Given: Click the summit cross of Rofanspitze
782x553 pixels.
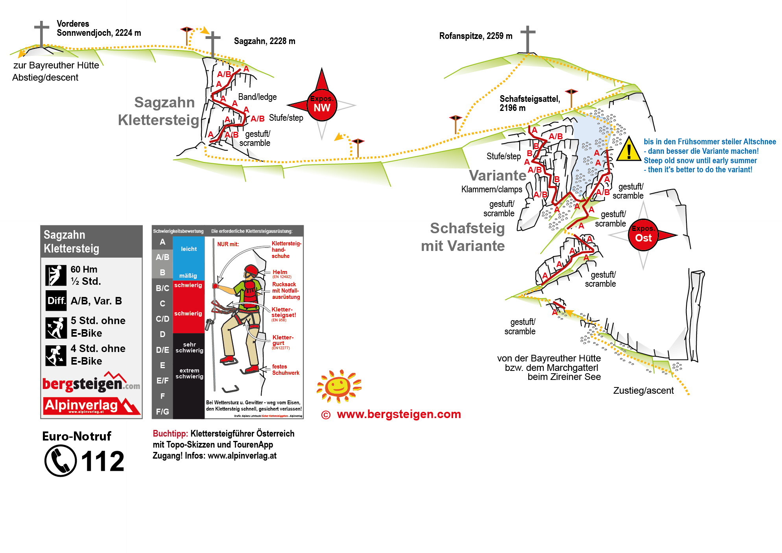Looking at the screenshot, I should tap(527, 39).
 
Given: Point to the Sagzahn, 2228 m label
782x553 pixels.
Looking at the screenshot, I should tap(264, 41).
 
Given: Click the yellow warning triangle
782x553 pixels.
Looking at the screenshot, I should tap(629, 149).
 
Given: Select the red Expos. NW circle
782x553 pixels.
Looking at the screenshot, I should tap(322, 105).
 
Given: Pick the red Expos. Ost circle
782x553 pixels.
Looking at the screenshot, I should tap(643, 235).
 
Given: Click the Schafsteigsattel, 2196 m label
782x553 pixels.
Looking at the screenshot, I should tap(529, 103).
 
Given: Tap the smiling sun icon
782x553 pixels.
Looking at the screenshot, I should tap(339, 386).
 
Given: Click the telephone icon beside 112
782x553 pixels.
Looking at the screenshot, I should tap(61, 461).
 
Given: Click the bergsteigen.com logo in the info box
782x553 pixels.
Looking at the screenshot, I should tap(91, 383).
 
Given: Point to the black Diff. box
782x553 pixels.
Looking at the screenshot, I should tap(56, 301).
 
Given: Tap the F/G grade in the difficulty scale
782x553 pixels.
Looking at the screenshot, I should tap(162, 411).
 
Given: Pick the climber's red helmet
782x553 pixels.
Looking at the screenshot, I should tap(251, 270).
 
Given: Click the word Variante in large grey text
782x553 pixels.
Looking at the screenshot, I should tap(497, 175).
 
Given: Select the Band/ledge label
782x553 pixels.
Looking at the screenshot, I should tap(257, 97).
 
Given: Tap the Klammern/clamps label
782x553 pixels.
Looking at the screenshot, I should tap(491, 190).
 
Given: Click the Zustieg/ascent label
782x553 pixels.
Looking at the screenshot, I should tap(643, 391).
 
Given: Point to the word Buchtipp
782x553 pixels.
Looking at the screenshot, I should tap(170, 433).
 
